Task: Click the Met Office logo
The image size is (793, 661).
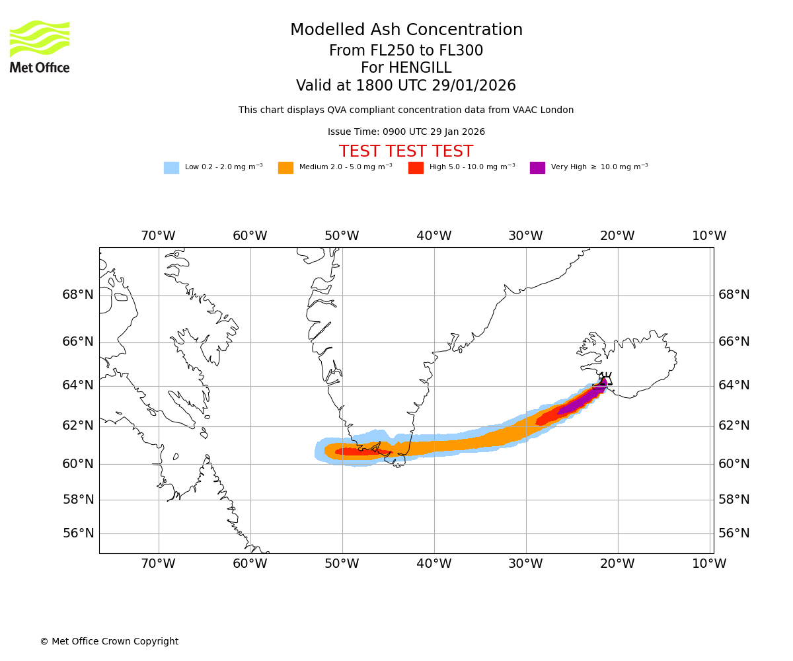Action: [40, 46]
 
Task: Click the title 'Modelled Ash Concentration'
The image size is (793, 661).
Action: [406, 30]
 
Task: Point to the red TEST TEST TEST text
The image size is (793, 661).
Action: [406, 151]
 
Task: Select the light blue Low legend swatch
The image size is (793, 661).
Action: [171, 168]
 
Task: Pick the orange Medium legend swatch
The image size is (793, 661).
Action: [285, 168]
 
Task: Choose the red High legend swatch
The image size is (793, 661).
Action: [416, 168]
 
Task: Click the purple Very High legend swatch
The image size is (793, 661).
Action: [537, 168]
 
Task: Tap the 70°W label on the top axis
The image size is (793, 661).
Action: [158, 236]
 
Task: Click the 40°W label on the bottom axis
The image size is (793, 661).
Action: [434, 564]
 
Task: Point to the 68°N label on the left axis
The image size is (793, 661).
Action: [78, 295]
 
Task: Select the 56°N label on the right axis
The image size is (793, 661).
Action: [734, 533]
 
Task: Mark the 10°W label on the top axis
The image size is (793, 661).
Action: [709, 236]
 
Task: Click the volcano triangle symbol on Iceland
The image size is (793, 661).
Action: [605, 379]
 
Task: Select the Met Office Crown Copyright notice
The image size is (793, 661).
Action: [109, 642]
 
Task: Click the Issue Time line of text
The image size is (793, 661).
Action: [406, 132]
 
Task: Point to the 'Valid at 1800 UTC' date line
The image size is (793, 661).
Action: [406, 86]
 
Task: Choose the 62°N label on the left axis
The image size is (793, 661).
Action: [78, 426]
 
